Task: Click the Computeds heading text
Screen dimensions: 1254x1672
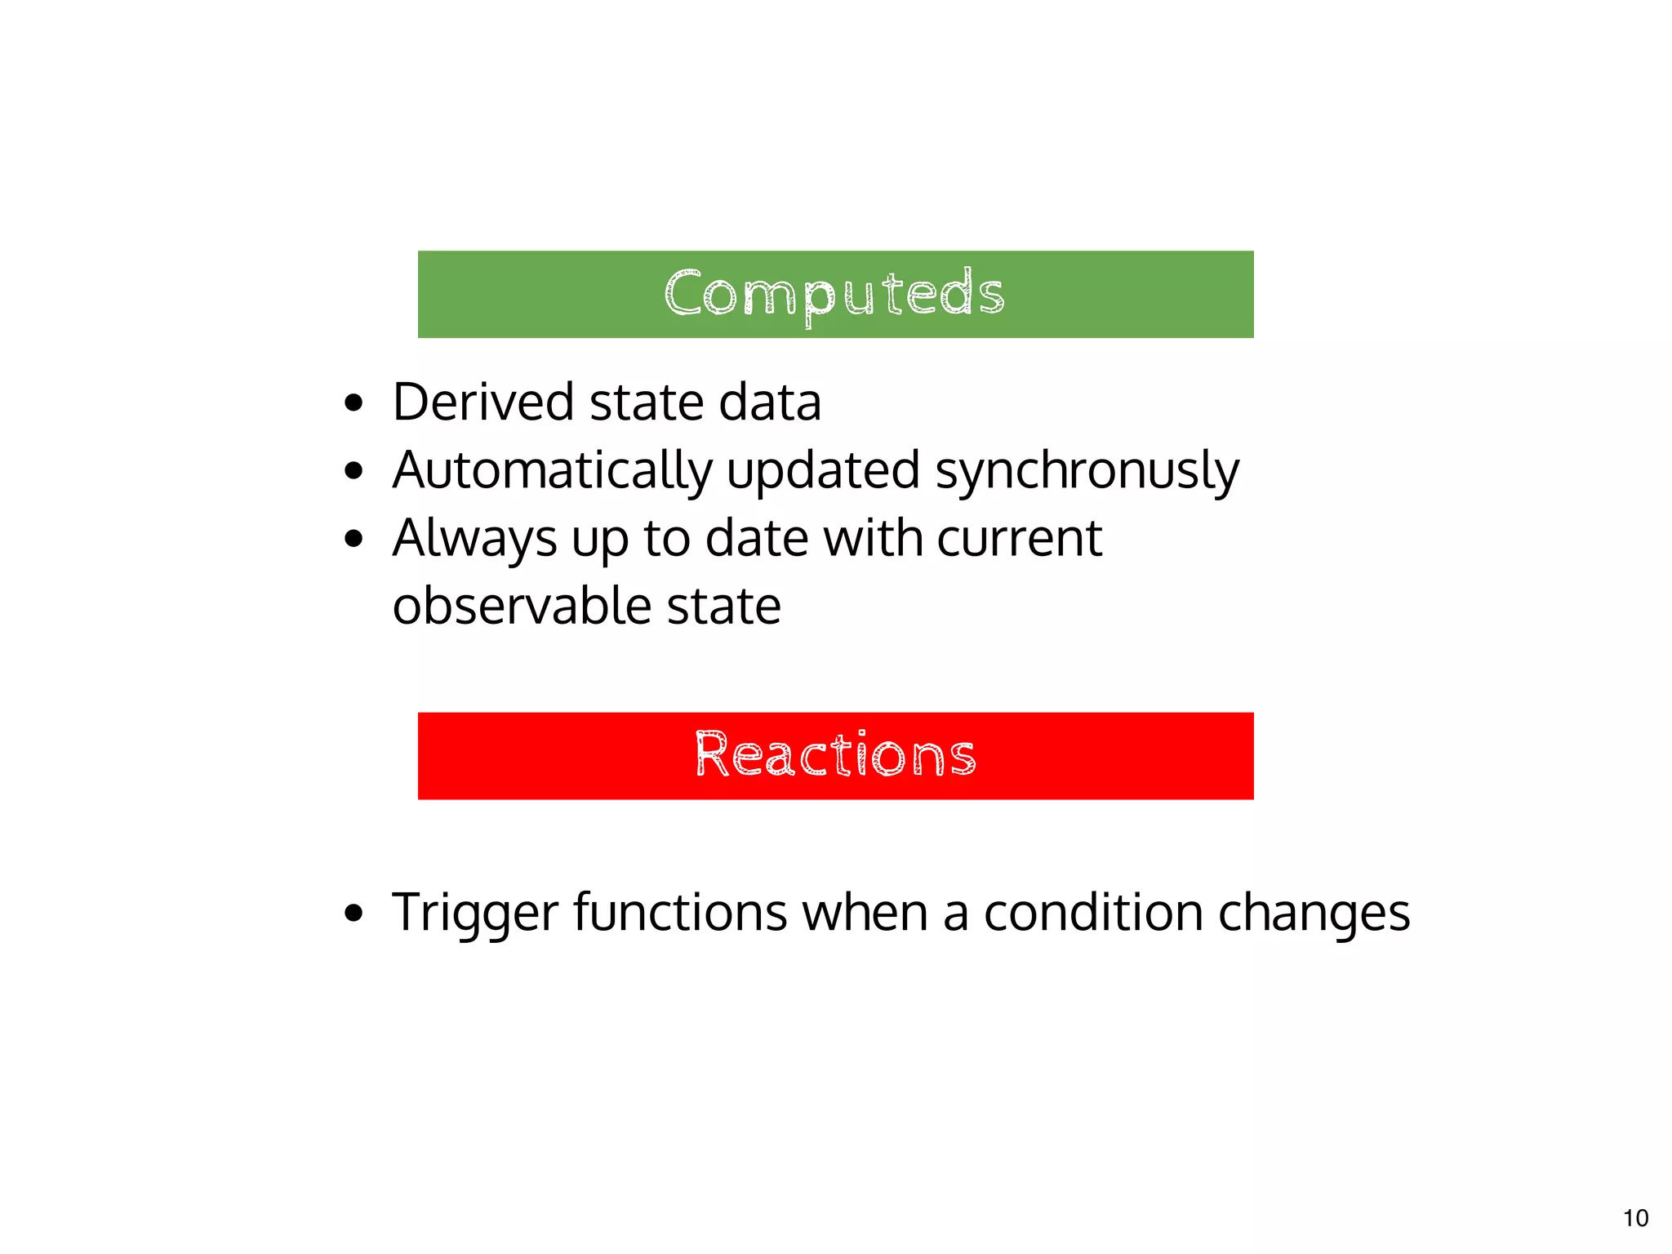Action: point(834,294)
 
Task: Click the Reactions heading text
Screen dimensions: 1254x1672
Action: point(835,755)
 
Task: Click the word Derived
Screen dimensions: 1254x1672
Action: point(482,402)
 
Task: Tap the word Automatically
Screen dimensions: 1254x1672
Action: point(553,471)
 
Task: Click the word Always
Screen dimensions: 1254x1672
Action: point(474,540)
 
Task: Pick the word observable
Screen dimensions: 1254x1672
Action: point(521,607)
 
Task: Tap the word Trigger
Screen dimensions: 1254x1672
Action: point(475,913)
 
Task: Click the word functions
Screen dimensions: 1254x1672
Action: point(680,912)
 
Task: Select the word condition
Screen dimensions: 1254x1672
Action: point(1093,912)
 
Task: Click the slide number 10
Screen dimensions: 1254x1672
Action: point(1635,1218)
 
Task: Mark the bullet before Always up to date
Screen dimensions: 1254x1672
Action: point(353,539)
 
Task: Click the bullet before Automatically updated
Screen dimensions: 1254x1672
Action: point(353,471)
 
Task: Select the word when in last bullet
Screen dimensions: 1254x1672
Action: point(865,912)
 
